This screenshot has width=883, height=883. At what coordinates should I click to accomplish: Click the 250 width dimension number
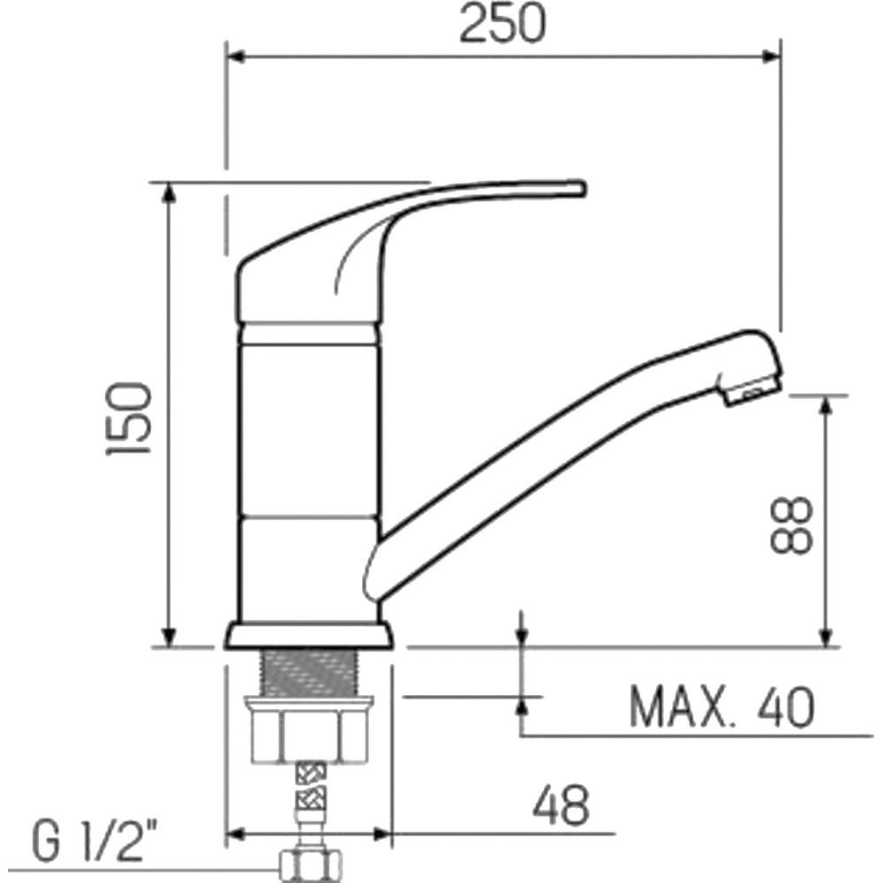click(x=503, y=24)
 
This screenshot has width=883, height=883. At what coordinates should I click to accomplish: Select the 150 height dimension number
click(x=129, y=419)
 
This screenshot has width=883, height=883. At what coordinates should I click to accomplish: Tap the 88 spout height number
click(x=791, y=525)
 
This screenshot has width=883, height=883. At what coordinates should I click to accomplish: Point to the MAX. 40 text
click(x=722, y=706)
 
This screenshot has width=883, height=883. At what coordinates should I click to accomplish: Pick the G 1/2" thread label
click(x=95, y=841)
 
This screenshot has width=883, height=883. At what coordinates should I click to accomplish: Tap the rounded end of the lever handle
click(x=580, y=188)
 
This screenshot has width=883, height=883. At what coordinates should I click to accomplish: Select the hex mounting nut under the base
click(x=308, y=730)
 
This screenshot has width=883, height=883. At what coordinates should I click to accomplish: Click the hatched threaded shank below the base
click(x=308, y=673)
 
